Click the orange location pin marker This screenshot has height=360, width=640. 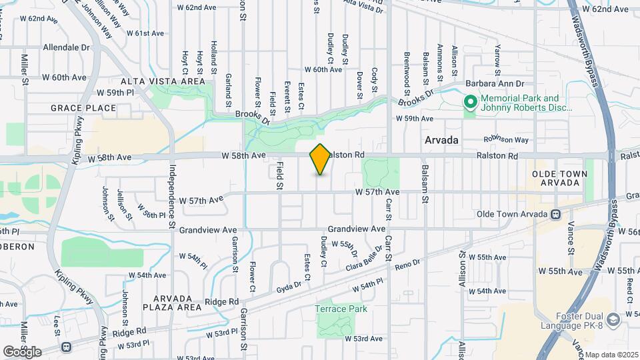coord(321,159)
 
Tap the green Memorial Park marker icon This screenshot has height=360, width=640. coord(470,102)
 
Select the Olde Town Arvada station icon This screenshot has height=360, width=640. coord(555,214)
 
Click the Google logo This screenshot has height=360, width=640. coord(23,351)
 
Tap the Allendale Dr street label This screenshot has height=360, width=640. coord(66,48)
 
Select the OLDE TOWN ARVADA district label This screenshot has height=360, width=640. coord(559,178)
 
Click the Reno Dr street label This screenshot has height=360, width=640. coord(407,265)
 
